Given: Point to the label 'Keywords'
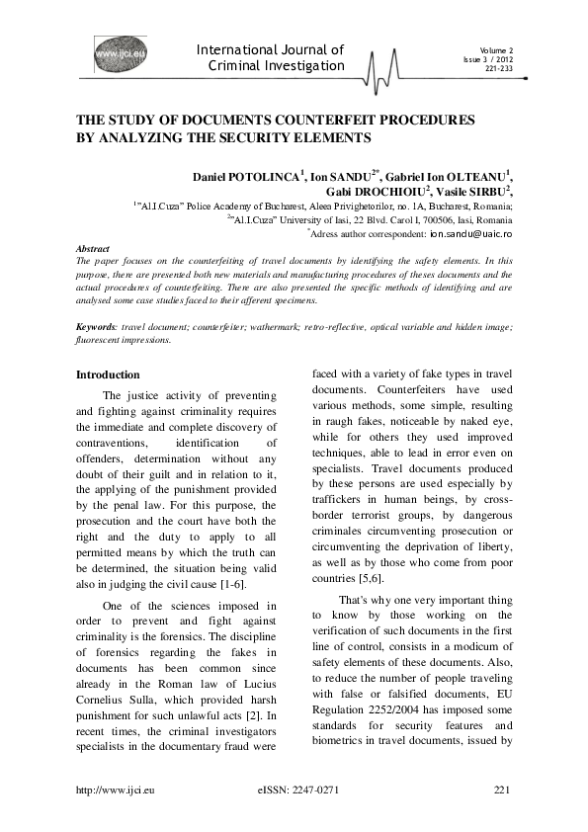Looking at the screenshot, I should tap(97, 325).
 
